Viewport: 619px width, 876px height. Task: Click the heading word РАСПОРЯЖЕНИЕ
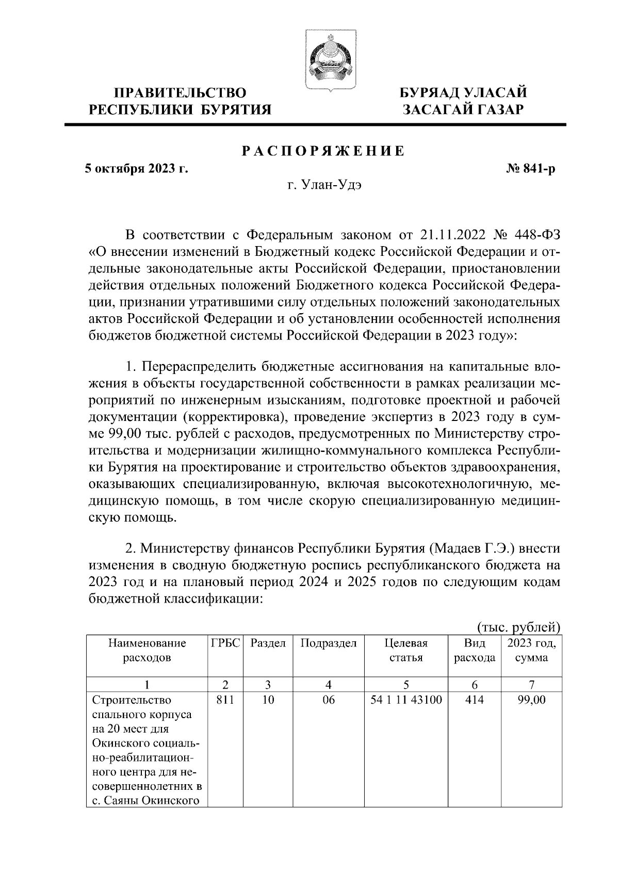(323, 151)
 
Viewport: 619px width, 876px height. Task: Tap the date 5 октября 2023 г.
(136, 169)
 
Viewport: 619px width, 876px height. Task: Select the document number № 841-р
(530, 169)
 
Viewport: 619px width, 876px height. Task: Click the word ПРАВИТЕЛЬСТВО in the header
(180, 93)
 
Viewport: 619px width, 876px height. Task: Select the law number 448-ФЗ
(536, 236)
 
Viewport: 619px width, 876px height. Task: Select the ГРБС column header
(225, 643)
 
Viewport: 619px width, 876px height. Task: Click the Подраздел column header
(329, 643)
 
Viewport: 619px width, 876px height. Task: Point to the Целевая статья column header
(406, 651)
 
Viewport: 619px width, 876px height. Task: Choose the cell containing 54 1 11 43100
(406, 700)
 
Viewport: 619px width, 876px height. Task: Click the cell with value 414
(474, 700)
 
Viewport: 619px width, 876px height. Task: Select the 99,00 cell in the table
(531, 700)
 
